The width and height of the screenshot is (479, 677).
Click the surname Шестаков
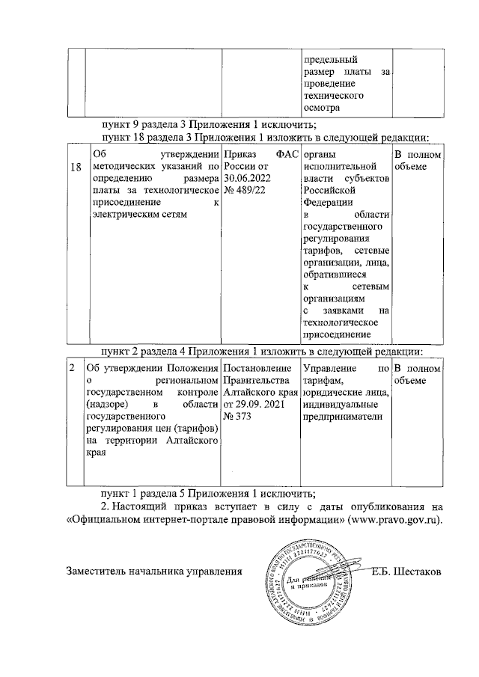point(412,572)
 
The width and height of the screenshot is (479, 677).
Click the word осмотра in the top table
point(322,108)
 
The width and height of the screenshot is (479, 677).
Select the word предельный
point(329,59)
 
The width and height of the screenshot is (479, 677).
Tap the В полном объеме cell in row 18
point(418,161)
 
